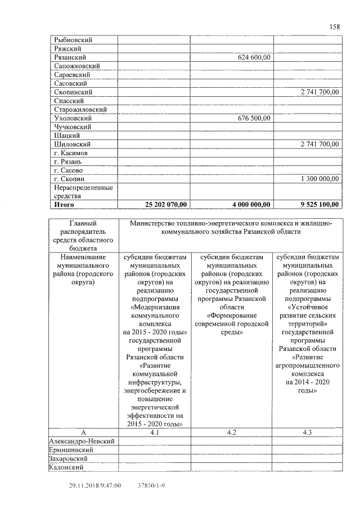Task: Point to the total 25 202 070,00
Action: (166, 205)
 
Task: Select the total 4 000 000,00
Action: (247, 205)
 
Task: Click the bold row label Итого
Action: (64, 205)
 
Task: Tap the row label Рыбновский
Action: (73, 40)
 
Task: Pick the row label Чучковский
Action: (73, 127)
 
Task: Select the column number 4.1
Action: (155, 433)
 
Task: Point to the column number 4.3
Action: (307, 433)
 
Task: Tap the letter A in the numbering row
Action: (83, 433)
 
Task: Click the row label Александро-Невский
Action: (82, 441)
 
